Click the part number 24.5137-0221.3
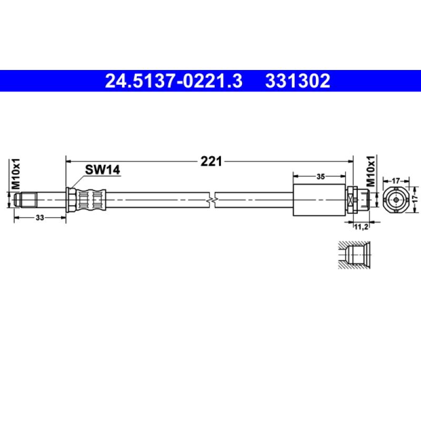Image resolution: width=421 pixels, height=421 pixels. [x=174, y=81]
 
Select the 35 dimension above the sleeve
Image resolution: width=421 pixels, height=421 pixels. [x=320, y=177]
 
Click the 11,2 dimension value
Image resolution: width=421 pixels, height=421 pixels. [x=360, y=227]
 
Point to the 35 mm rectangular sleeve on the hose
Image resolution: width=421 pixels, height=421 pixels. [x=319, y=200]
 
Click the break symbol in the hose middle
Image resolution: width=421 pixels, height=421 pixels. [x=212, y=200]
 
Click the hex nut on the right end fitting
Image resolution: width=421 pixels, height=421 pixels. [x=353, y=200]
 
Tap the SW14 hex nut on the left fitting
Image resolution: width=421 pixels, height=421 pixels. [x=69, y=200]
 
